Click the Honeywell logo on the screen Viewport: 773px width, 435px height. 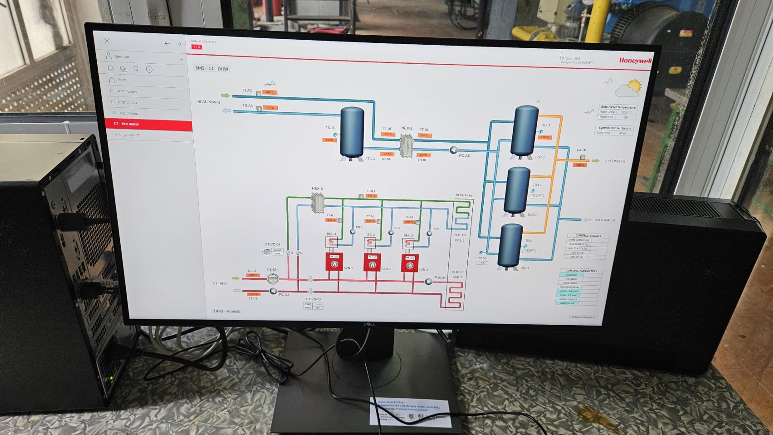tap(635, 61)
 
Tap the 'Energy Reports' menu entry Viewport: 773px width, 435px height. tap(128, 135)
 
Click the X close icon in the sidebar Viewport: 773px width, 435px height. tap(107, 41)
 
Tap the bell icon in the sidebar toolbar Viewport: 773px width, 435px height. tap(111, 68)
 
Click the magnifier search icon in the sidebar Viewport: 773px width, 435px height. tap(136, 69)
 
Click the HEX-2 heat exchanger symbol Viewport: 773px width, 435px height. tap(407, 145)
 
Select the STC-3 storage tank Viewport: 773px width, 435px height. tap(352, 133)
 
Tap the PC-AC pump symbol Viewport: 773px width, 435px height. tap(453, 150)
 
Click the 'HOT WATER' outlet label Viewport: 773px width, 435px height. tap(615, 161)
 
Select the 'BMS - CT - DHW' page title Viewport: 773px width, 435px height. tap(212, 69)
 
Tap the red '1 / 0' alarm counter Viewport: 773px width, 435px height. tap(196, 47)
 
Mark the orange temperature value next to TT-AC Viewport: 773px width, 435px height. tap(270, 92)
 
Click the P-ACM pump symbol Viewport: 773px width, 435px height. tap(429, 281)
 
